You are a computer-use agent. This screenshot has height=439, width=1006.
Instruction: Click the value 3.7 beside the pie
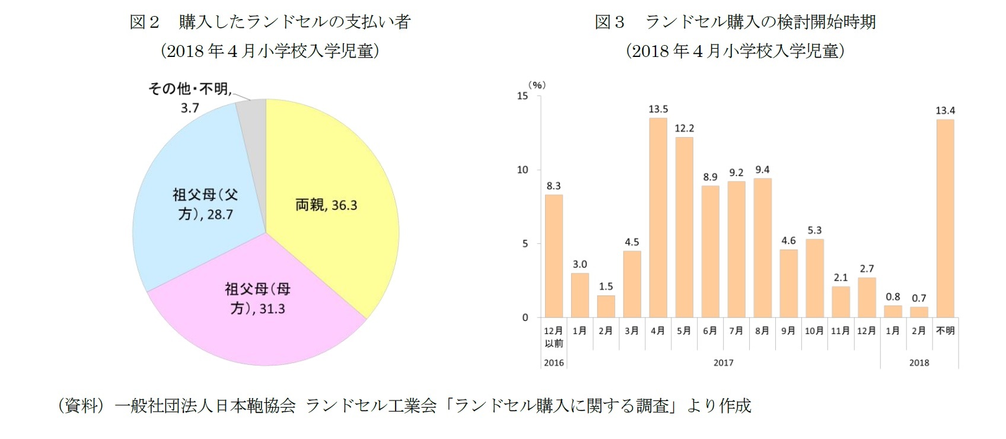pyautogui.click(x=190, y=108)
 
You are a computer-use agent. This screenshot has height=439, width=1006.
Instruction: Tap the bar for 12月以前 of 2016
pyautogui.click(x=553, y=256)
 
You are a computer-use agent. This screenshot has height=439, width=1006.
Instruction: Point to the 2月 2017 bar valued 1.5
pyautogui.click(x=606, y=306)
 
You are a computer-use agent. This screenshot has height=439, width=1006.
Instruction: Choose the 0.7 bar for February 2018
pyautogui.click(x=919, y=312)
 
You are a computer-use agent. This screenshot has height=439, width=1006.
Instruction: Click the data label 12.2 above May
pyautogui.click(x=684, y=128)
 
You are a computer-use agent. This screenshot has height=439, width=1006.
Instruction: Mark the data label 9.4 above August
pyautogui.click(x=762, y=170)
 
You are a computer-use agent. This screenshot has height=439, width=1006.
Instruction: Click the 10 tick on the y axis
pyautogui.click(x=522, y=170)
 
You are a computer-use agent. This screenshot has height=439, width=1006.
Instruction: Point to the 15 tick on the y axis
pyautogui.click(x=522, y=96)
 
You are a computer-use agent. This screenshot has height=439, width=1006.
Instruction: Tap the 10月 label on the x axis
pyautogui.click(x=814, y=330)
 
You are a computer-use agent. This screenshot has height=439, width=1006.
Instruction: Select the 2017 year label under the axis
pyautogui.click(x=723, y=362)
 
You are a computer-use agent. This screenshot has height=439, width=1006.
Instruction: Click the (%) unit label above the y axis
pyautogui.click(x=536, y=85)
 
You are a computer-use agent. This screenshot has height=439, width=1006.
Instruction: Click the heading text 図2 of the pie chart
pyautogui.click(x=144, y=22)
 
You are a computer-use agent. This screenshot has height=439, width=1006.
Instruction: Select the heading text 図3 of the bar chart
pyautogui.click(x=610, y=22)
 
